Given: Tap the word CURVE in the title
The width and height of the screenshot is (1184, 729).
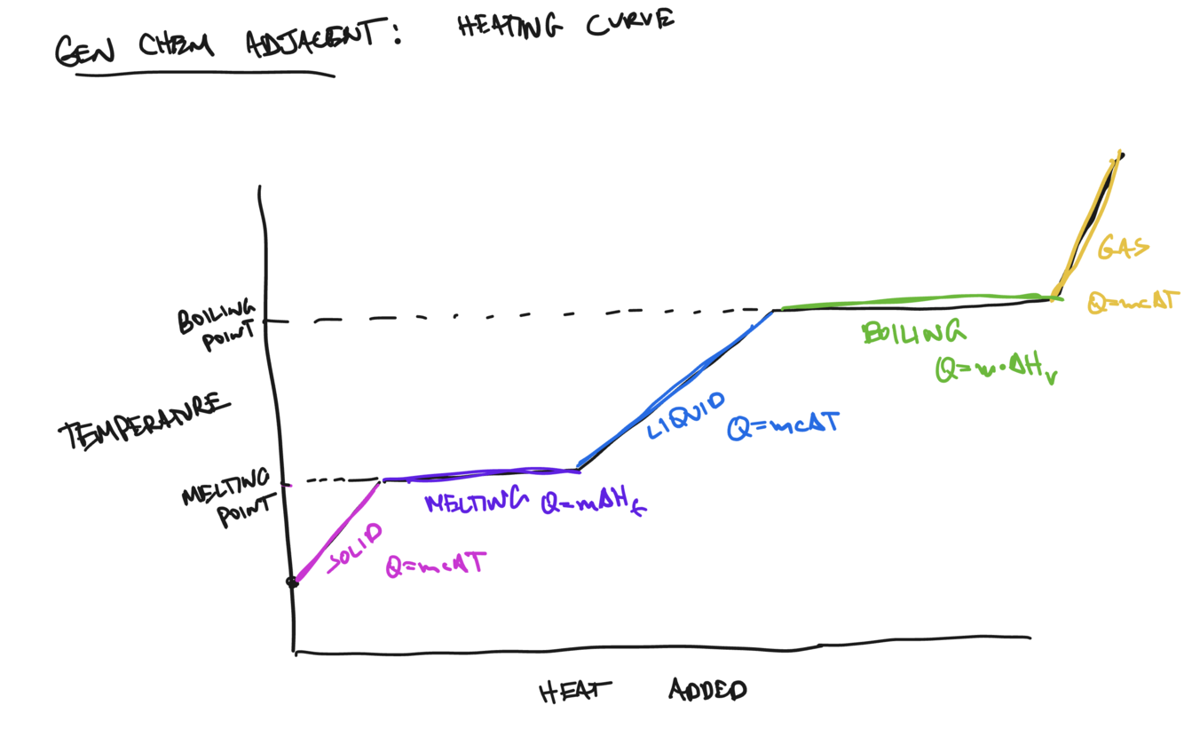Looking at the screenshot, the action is [629, 22].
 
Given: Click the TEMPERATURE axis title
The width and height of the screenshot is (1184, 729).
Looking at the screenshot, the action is [143, 421].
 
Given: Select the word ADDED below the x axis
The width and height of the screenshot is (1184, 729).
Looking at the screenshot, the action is [707, 690].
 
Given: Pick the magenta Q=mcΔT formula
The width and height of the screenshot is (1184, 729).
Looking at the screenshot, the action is [435, 565].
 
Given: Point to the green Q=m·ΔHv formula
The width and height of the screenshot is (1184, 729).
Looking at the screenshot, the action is [996, 369].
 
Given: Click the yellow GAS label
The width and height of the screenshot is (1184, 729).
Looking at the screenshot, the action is [1123, 247].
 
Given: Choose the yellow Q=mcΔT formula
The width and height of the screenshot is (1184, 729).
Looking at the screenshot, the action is [1133, 302].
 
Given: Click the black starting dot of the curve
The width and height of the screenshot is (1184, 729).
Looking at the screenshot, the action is [291, 582].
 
